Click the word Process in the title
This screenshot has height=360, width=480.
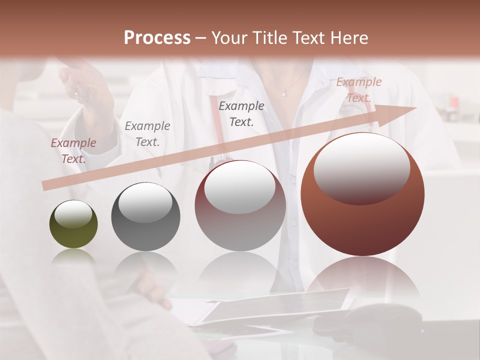point(157,38)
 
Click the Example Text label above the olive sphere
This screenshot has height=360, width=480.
point(73,150)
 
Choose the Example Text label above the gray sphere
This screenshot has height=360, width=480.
point(147,133)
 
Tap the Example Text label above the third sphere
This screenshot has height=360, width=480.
point(241,113)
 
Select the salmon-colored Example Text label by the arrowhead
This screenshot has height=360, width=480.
point(358,90)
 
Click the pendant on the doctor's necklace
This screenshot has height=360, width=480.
point(284,92)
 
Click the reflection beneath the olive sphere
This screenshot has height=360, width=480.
point(73,256)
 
